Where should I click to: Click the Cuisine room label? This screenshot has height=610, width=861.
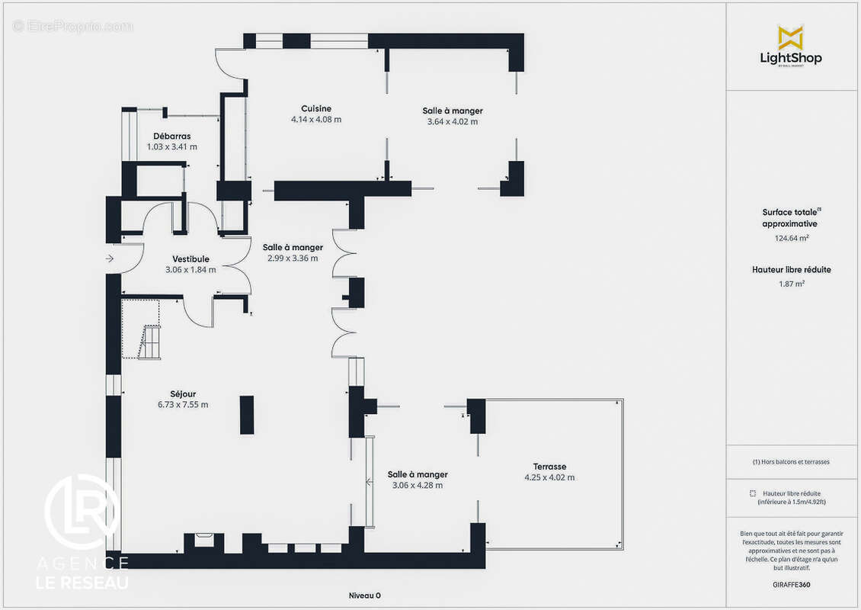(x=315, y=109)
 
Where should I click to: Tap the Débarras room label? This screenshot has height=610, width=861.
(x=172, y=136)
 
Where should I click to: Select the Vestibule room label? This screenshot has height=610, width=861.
(x=190, y=258)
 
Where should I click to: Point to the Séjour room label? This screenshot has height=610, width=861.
(x=183, y=394)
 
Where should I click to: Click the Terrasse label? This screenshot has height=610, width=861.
(x=549, y=467)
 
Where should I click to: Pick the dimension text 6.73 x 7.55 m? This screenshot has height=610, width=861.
(x=183, y=404)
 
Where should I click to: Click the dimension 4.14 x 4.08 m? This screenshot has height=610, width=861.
(x=315, y=119)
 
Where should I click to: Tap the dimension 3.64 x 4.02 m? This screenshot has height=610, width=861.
(x=453, y=121)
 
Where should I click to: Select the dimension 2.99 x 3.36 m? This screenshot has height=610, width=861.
(x=293, y=258)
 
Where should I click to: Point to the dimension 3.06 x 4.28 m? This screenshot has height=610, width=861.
(x=418, y=485)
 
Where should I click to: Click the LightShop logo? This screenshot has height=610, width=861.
(x=791, y=47)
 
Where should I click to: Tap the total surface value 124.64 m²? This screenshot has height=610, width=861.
(x=791, y=238)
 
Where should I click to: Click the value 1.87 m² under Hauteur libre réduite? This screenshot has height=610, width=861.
(x=791, y=284)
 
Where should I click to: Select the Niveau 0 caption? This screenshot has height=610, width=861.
(x=365, y=596)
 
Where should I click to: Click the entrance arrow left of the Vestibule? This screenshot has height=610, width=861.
(x=109, y=258)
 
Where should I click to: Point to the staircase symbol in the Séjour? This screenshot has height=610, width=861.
(x=150, y=342)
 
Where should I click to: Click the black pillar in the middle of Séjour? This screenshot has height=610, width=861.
(x=247, y=415)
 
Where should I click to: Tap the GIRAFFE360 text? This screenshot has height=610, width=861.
(x=791, y=585)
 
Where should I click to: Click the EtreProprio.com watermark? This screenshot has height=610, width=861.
(x=73, y=26)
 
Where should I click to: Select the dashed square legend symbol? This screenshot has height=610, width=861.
(x=753, y=493)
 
